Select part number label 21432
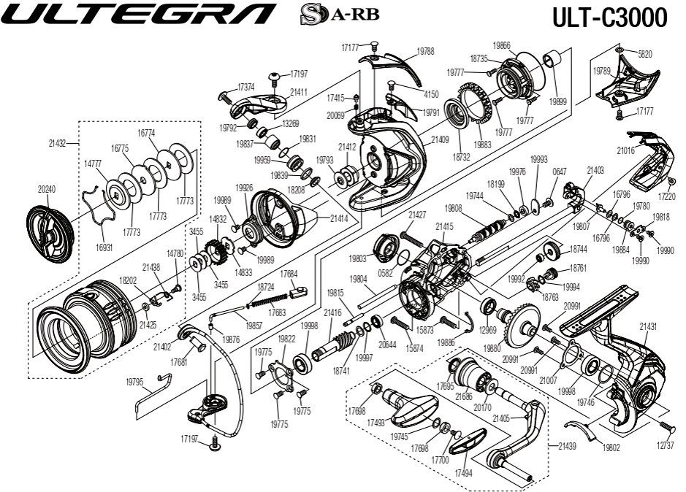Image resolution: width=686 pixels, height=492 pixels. click(58, 144)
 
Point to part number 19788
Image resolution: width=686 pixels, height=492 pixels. click(425, 51)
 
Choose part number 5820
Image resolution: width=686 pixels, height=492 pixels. click(645, 54)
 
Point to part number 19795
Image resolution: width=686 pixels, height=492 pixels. click(134, 381)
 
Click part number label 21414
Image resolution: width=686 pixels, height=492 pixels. click(338, 218)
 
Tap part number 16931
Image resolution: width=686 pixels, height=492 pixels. click(104, 247)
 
